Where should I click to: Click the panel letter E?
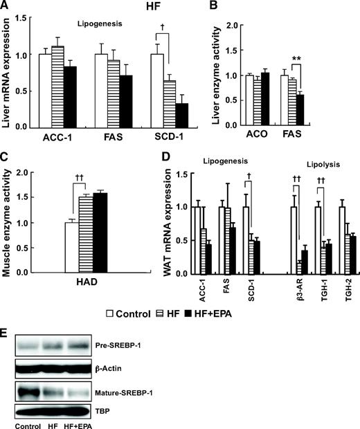click(6, 332)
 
